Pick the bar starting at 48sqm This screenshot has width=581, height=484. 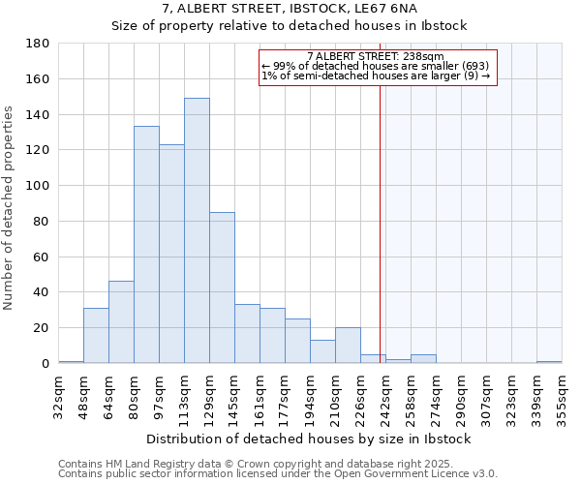(96, 336)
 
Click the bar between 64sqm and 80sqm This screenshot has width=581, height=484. (121, 322)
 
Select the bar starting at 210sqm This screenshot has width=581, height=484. (348, 346)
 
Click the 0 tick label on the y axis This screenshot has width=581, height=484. (45, 363)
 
